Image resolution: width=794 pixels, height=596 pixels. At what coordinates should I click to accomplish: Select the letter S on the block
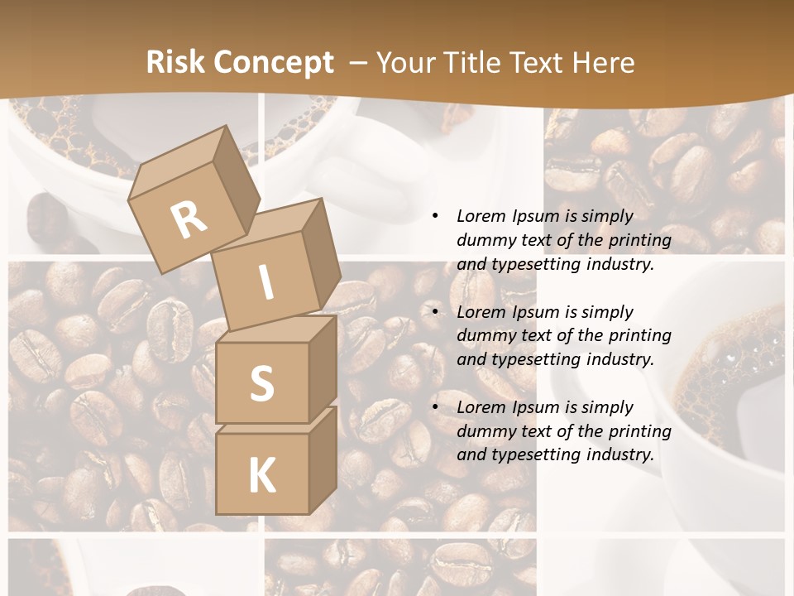coord(261,383)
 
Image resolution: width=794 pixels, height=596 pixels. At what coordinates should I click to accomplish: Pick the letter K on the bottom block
coord(261,475)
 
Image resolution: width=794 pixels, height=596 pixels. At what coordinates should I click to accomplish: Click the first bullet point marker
coord(436,217)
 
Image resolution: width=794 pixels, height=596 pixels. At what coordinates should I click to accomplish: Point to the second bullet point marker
coord(436,312)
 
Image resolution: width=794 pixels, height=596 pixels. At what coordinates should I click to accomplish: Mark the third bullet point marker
coord(436,407)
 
